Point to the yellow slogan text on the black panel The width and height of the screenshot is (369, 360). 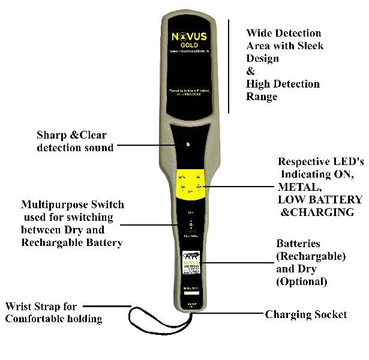[189, 93]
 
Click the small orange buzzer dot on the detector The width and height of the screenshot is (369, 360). [188, 145]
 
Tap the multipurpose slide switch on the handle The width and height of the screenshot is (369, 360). [190, 227]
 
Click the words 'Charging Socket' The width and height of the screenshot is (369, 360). [306, 314]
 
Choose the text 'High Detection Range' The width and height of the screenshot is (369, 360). [283, 90]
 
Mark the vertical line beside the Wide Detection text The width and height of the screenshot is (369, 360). [229, 66]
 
